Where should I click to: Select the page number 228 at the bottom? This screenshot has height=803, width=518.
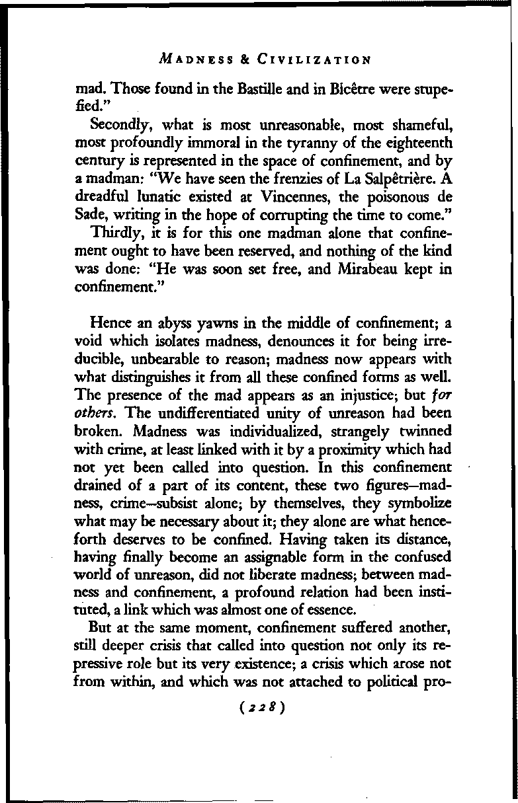(263, 707)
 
